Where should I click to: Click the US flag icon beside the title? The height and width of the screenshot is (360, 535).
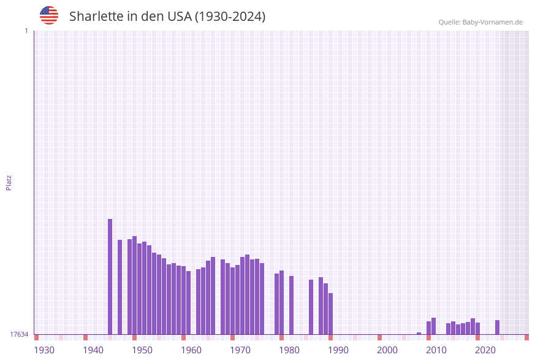pyautogui.click(x=49, y=15)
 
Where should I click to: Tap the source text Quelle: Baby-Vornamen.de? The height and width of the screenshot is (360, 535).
pyautogui.click(x=480, y=22)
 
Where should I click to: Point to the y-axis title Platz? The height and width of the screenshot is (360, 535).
pyautogui.click(x=9, y=182)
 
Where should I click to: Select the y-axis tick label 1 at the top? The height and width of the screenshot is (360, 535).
pyautogui.click(x=26, y=31)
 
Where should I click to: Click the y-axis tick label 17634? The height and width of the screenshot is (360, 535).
pyautogui.click(x=19, y=334)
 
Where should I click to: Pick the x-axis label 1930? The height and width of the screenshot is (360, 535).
pyautogui.click(x=44, y=350)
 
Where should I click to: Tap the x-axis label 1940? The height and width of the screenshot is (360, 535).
pyautogui.click(x=93, y=350)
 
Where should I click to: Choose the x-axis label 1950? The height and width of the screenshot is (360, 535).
pyautogui.click(x=142, y=350)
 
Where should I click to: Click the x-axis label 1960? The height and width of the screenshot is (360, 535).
pyautogui.click(x=191, y=350)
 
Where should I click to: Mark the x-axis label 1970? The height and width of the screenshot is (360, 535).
pyautogui.click(x=240, y=350)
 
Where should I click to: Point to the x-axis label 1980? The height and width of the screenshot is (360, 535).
pyautogui.click(x=289, y=350)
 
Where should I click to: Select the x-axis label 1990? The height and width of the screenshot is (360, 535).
pyautogui.click(x=338, y=350)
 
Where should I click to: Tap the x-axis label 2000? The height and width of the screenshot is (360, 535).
pyautogui.click(x=387, y=350)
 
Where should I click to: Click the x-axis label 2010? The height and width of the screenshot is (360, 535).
pyautogui.click(x=436, y=350)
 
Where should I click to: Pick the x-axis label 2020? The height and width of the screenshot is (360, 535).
pyautogui.click(x=485, y=350)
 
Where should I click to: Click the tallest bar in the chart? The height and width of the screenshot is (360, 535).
pyautogui.click(x=110, y=276)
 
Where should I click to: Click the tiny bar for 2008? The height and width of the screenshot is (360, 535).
pyautogui.click(x=419, y=333)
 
